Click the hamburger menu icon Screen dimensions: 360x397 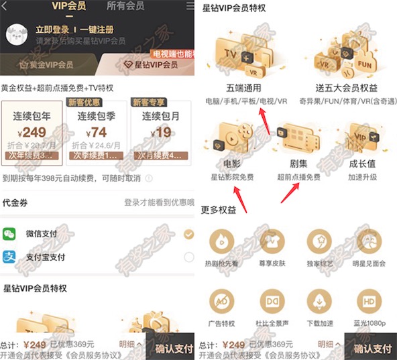tap(190, 6)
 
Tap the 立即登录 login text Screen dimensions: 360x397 tap(54, 30)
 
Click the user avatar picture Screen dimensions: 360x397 tap(17, 38)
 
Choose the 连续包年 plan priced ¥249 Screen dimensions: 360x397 tap(32, 133)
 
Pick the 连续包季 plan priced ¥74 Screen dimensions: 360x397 tap(97, 133)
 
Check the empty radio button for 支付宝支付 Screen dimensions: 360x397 tap(188, 257)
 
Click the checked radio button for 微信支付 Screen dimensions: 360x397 tap(188, 234)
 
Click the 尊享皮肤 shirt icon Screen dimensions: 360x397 tap(272, 241)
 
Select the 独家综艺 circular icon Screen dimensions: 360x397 tap(320, 241)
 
